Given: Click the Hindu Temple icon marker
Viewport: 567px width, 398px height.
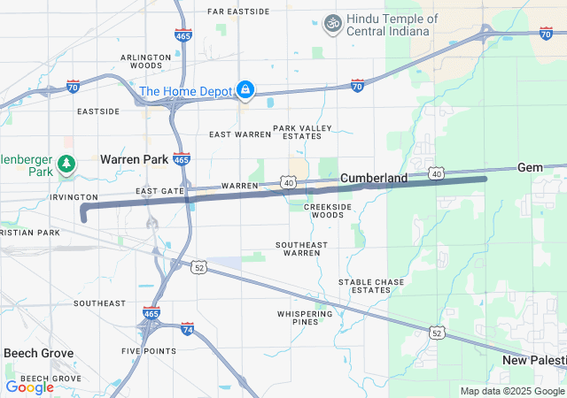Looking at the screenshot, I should click(x=333, y=21).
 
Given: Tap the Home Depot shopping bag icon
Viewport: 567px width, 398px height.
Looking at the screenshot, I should click(x=245, y=90).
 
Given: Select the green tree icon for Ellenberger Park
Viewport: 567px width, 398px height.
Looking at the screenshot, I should click(x=66, y=164).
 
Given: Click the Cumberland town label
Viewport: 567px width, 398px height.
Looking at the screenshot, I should click(x=374, y=178).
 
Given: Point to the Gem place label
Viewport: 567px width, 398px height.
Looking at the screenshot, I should click(x=530, y=167).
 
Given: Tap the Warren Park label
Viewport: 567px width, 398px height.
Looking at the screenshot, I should click(x=134, y=159).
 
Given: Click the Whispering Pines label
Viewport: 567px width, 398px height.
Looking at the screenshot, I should click(x=304, y=318).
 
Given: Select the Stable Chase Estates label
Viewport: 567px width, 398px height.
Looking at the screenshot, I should click(x=371, y=286).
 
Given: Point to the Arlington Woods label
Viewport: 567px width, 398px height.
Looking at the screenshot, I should click(x=145, y=61).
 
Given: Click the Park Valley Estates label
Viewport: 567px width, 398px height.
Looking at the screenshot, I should click(x=302, y=132).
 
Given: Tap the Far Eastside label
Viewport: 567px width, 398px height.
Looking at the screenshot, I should click(x=238, y=11).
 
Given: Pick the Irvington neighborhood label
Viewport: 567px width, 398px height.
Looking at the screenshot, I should click(x=74, y=197).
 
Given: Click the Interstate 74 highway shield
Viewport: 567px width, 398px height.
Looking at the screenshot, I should click(x=187, y=329).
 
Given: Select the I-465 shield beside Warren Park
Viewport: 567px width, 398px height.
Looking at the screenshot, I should click(x=181, y=160).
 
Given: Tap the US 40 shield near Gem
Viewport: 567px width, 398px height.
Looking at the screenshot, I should click(x=437, y=173).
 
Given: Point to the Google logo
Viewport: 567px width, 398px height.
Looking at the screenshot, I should click(x=29, y=387).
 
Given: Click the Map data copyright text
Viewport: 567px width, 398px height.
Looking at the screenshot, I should click(x=513, y=391).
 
